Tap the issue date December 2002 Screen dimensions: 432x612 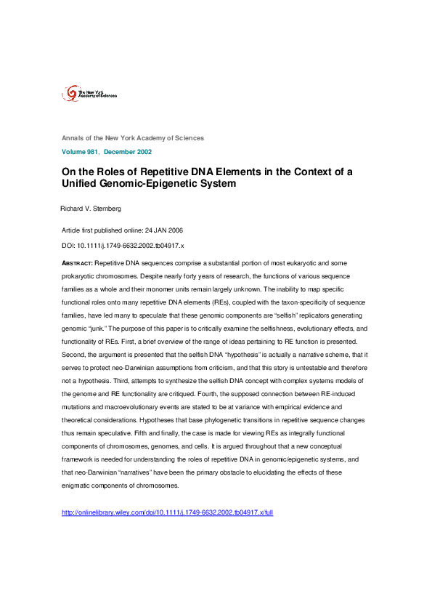pos(128,152)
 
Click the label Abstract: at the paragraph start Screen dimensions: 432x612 pos(78,261)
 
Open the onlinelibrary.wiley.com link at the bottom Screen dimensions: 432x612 pos(168,512)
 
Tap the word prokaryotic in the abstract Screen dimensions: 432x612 pos(81,276)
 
